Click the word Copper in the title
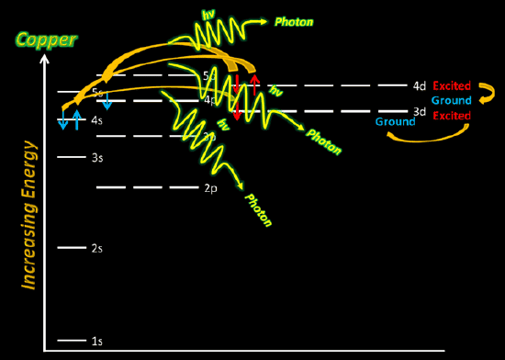pyautogui.click(x=45, y=40)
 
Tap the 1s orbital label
pyautogui.click(x=96, y=342)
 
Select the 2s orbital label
pyautogui.click(x=96, y=249)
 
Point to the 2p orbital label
pyautogui.click(x=209, y=188)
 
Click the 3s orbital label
pyautogui.click(x=96, y=158)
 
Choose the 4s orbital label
pyautogui.click(x=96, y=120)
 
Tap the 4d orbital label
pyautogui.click(x=420, y=86)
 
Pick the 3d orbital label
pyautogui.click(x=420, y=112)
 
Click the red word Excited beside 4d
pyautogui.click(x=452, y=86)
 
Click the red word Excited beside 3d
pyautogui.click(x=452, y=116)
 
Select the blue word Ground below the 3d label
pyautogui.click(x=393, y=121)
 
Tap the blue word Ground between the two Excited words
pyautogui.click(x=452, y=100)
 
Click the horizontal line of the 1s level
pyautogui.click(x=71, y=341)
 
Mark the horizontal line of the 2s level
pyautogui.click(x=71, y=248)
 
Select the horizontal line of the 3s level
pyautogui.click(x=71, y=157)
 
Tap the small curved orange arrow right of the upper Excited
pyautogui.click(x=488, y=91)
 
